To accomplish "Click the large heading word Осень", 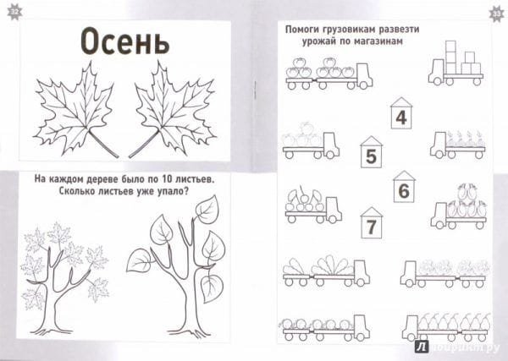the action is point(124,41).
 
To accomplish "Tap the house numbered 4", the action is point(401,113).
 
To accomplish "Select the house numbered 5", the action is point(371,151).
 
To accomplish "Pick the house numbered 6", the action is point(404,186).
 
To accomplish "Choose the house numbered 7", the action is point(372,222).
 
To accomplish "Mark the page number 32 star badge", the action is point(15,13).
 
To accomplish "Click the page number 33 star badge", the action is point(496,14).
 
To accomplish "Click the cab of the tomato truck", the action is point(364,75).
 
